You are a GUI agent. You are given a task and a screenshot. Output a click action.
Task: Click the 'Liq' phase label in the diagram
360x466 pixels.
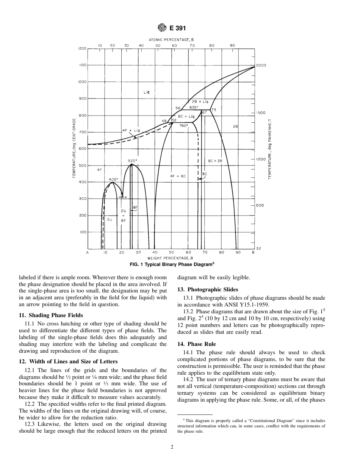[147, 92]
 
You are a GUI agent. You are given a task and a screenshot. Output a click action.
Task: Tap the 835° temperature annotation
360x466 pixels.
[194, 107]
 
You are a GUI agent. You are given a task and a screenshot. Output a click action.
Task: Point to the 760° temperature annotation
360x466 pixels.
[183, 126]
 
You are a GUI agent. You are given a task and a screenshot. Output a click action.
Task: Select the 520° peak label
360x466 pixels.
[132, 161]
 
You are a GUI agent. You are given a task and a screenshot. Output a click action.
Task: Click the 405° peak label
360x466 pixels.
[113, 179]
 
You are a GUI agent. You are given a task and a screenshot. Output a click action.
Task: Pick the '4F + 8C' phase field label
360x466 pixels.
[178, 176]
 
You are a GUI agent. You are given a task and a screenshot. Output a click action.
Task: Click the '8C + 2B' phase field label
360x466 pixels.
[215, 161]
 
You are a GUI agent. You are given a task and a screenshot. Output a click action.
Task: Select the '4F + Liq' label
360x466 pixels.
[131, 130]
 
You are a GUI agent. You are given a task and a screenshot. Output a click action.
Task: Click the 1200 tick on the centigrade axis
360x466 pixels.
[82, 48]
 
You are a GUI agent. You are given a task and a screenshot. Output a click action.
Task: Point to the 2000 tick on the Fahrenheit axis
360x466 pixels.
[261, 65]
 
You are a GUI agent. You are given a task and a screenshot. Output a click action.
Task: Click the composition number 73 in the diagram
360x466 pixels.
[213, 110]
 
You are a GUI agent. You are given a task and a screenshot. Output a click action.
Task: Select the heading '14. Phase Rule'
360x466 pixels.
[197, 344]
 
